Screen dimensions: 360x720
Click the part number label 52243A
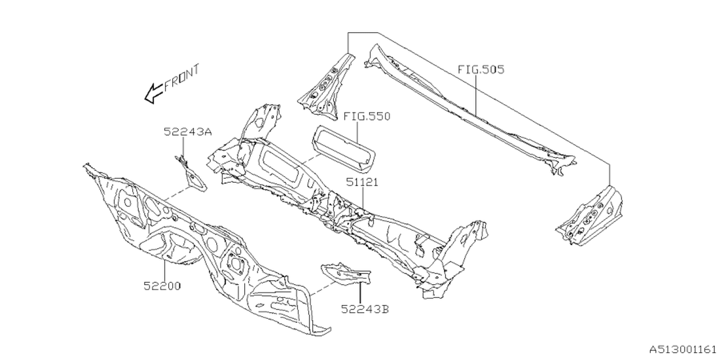[x=188, y=132]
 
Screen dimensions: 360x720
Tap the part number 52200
[x=161, y=286]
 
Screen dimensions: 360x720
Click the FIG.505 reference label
[x=480, y=70]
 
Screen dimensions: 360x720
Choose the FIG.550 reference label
[x=367, y=116]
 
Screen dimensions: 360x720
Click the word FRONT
[x=182, y=78]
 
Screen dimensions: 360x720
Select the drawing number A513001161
[x=683, y=349]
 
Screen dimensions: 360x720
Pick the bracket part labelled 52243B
[x=346, y=276]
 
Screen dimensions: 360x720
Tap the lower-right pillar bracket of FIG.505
[x=591, y=217]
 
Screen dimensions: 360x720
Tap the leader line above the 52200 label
[x=164, y=270]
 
